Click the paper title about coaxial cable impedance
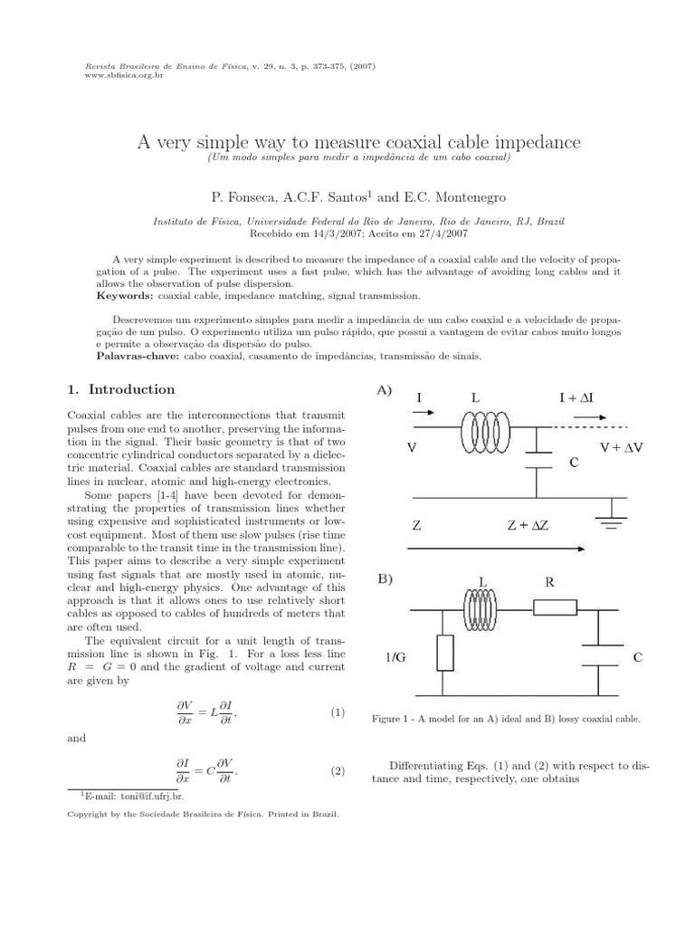coord(358,142)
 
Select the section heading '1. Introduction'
coord(121,389)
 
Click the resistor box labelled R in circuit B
coord(555,607)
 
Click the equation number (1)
coord(338,712)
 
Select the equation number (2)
coord(338,771)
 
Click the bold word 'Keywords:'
coord(126,296)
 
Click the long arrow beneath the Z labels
coord(498,548)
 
